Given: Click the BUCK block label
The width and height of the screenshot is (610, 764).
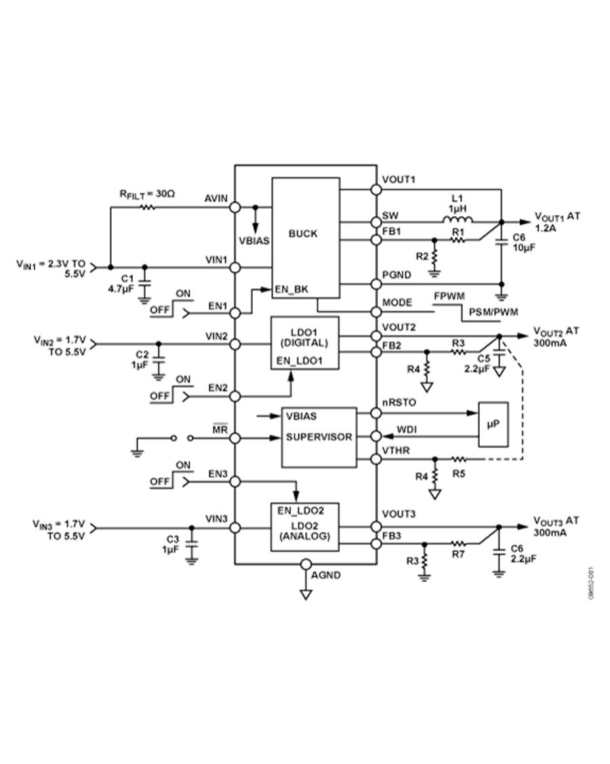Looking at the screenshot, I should click(303, 234).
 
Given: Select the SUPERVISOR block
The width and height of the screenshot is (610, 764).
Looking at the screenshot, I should click(319, 437).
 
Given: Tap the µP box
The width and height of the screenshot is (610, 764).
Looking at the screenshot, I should click(493, 425).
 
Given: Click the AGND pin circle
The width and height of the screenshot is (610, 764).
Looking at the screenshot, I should click(306, 563).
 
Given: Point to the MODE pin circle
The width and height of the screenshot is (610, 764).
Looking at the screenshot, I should click(376, 311).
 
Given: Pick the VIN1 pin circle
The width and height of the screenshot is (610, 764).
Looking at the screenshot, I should click(235, 268).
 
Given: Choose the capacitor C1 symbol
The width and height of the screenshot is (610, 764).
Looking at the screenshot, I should click(144, 282).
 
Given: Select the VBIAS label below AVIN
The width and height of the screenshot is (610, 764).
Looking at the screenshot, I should click(255, 241).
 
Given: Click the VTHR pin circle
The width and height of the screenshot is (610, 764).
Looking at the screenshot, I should click(376, 460).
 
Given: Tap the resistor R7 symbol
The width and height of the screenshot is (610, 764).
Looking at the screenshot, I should click(458, 543).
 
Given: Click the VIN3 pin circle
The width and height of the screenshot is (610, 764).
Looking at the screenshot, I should click(235, 527).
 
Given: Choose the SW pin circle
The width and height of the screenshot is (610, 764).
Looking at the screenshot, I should click(376, 222).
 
